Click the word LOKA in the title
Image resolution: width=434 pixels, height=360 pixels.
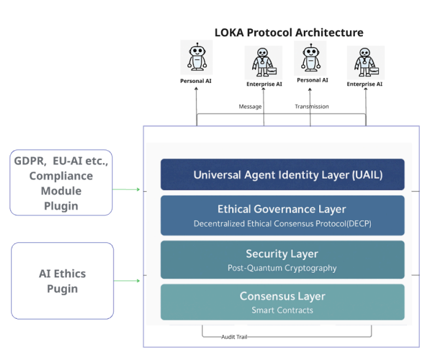229,33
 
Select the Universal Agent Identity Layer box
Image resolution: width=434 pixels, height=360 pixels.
282,174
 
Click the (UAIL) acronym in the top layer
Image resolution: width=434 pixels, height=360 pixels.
367,175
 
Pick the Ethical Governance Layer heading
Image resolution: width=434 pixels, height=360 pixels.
282,209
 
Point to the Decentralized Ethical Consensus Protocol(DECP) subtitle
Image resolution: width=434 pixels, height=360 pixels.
282,224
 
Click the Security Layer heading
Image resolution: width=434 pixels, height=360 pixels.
282,254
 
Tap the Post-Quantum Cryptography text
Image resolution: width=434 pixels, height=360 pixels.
282,268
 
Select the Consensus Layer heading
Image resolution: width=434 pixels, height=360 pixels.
282,296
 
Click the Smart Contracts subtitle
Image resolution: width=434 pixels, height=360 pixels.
282,310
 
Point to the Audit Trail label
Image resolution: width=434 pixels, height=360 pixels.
234,337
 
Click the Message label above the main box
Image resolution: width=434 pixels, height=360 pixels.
250,107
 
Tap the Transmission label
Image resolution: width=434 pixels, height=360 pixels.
312,107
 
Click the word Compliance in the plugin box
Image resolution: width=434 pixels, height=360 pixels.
61,176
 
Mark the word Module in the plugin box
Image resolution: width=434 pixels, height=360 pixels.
61,191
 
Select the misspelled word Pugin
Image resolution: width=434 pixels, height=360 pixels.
62,289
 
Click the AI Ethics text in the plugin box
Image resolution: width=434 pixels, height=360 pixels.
62,274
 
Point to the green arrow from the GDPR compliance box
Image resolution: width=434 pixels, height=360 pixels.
126,190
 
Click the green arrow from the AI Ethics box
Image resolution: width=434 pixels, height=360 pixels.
127,281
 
